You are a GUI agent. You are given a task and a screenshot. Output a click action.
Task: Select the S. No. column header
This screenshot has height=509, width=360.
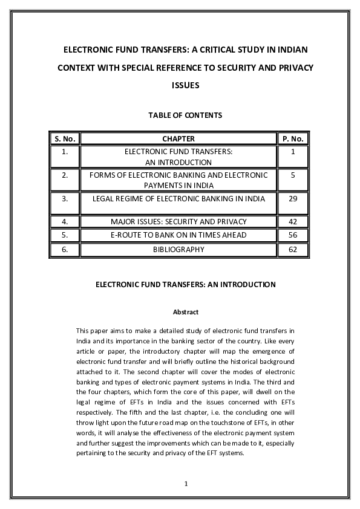point(64,138)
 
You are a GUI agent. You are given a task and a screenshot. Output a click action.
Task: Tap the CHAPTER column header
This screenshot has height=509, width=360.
point(178,138)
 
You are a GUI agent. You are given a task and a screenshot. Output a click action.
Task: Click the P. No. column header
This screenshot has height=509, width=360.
point(293,138)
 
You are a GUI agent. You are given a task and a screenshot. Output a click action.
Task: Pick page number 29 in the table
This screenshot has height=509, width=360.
point(293,198)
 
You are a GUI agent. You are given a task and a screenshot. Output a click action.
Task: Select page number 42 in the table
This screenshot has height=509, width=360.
point(293,222)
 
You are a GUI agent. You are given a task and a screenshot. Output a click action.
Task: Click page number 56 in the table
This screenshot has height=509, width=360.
point(293,235)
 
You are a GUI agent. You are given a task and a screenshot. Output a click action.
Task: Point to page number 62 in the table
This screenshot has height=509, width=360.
point(293,249)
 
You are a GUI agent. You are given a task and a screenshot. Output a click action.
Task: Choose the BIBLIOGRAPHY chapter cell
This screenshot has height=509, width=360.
point(178,249)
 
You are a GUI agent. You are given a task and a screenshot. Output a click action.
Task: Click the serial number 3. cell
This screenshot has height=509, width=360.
point(64,198)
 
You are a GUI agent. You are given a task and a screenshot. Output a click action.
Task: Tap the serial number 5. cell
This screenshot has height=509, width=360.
point(64,235)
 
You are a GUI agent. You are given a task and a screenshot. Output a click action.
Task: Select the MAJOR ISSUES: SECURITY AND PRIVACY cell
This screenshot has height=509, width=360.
point(178,222)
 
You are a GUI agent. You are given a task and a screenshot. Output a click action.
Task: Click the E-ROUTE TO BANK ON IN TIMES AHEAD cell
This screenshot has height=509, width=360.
point(178,235)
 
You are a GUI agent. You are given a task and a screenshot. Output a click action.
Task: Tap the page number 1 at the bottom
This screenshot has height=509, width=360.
point(186,484)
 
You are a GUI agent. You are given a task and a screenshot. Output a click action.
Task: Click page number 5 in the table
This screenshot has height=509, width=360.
point(293,175)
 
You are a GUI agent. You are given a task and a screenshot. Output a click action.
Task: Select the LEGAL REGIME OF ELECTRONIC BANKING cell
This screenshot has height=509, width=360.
point(178,198)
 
